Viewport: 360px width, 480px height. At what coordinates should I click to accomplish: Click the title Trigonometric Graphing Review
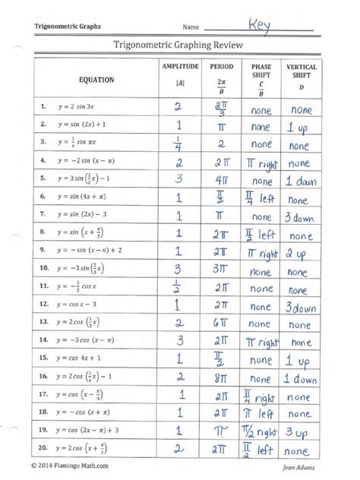179,45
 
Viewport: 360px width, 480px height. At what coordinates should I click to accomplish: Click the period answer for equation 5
221,181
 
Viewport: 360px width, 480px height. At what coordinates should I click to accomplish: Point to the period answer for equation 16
221,377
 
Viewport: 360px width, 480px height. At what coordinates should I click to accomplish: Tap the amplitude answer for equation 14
180,342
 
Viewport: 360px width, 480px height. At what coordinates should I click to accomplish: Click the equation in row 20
89,449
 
